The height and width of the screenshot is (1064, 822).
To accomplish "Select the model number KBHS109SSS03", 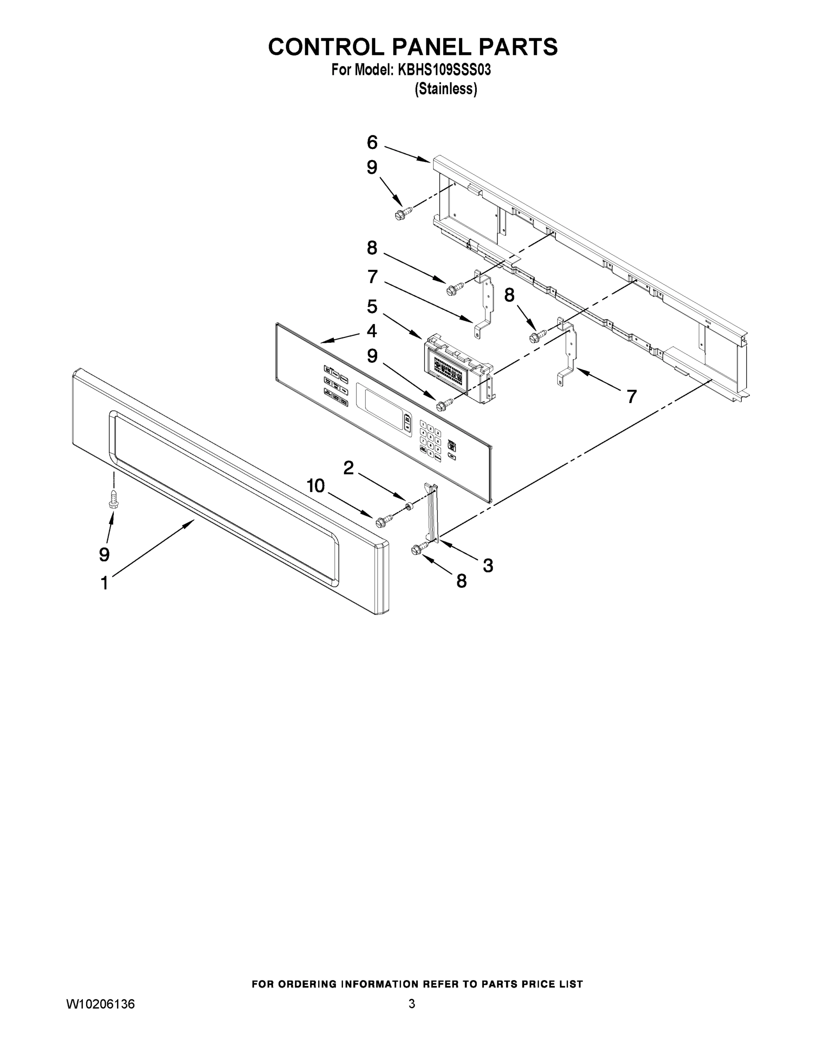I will [444, 70].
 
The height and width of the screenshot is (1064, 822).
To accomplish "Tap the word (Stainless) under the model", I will [446, 89].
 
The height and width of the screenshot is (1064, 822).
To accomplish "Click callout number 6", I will [372, 143].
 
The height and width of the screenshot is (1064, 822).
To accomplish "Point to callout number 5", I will [372, 307].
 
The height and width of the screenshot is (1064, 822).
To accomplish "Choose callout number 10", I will [316, 486].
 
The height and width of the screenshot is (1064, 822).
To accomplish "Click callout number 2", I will [349, 468].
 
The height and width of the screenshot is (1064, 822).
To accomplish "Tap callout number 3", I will [488, 566].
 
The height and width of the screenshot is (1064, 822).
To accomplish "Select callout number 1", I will [104, 583].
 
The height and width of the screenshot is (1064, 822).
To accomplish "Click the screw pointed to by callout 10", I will [384, 520].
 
